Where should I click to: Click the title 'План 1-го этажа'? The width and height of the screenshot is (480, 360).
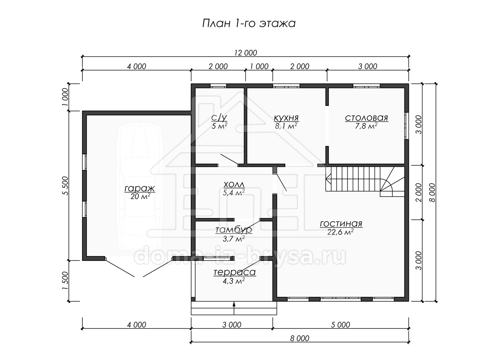[x=249, y=23]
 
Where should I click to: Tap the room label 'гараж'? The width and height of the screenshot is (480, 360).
[x=140, y=188]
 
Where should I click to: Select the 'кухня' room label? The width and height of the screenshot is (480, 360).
[x=286, y=118]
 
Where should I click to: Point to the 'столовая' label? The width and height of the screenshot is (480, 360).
[x=366, y=118]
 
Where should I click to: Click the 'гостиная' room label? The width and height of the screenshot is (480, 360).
[x=341, y=224]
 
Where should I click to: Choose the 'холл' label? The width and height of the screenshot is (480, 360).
[x=234, y=185]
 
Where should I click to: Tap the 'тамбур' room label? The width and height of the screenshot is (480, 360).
[x=234, y=230]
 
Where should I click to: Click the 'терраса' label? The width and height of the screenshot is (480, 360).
[x=235, y=272]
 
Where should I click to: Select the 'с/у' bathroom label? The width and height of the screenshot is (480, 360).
[x=219, y=118]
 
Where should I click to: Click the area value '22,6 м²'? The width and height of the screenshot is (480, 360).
[x=340, y=232]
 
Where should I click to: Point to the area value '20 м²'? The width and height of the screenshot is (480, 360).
[x=140, y=196]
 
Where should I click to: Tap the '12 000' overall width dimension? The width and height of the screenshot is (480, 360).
[x=246, y=53]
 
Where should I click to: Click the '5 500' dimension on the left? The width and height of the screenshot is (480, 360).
[x=65, y=186]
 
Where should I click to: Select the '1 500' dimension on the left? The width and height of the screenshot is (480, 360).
[x=65, y=281]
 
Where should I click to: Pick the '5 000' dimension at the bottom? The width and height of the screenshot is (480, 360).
[x=340, y=325]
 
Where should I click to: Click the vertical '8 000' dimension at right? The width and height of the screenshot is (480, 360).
[x=432, y=192]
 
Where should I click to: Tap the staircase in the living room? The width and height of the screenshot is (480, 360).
[x=365, y=181]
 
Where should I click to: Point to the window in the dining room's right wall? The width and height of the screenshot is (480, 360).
[x=406, y=126]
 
